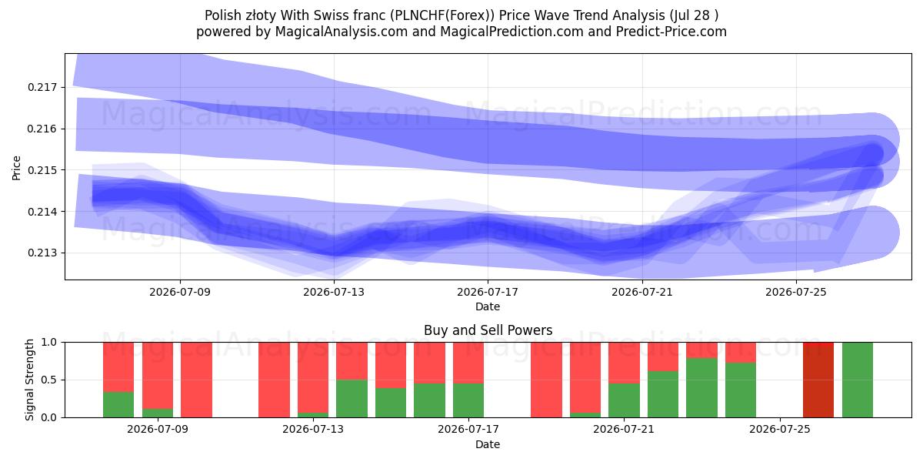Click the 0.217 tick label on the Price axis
click(x=42, y=88)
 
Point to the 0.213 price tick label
click(x=42, y=253)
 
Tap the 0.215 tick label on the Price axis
click(x=42, y=170)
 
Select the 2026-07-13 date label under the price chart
click(x=334, y=292)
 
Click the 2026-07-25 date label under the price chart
click(x=796, y=292)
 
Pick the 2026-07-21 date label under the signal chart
click(x=624, y=430)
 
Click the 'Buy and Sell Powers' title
click(x=488, y=330)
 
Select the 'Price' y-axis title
click(x=16, y=169)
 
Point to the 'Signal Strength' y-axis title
click(x=29, y=380)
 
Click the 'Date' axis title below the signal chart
click(x=488, y=445)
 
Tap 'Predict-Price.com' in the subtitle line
click(x=671, y=32)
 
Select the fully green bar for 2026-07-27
click(x=858, y=380)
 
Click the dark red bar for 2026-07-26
click(x=818, y=380)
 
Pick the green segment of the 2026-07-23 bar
click(x=701, y=388)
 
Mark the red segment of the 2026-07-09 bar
click(x=158, y=376)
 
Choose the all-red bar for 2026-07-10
click(x=197, y=380)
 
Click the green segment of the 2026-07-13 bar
click(x=313, y=415)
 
